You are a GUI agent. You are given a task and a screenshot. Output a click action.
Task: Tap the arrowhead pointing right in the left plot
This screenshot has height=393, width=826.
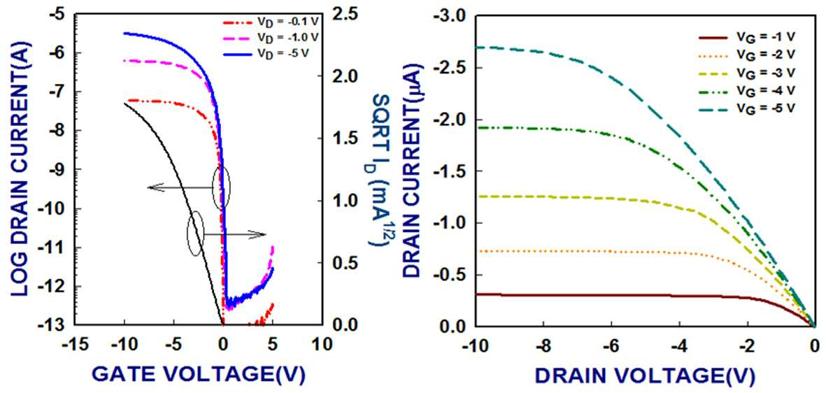(259, 235)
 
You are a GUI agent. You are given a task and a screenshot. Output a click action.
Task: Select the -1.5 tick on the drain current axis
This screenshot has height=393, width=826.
(451, 171)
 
